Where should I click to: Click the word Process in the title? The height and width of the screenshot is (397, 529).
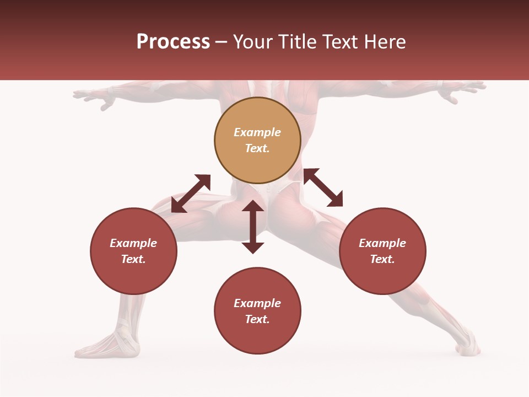(x=173, y=42)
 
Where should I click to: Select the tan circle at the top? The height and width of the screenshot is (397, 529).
(x=257, y=141)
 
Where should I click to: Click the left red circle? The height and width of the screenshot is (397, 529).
(x=133, y=251)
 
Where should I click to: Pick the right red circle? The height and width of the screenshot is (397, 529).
(x=382, y=251)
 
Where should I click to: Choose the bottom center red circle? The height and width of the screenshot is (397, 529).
(x=257, y=311)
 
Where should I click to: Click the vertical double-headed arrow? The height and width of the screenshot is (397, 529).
(x=253, y=227)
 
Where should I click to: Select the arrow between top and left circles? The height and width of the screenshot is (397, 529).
(x=191, y=193)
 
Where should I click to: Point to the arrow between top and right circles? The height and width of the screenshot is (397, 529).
(x=323, y=187)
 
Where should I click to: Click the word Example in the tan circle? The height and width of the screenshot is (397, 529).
(x=257, y=132)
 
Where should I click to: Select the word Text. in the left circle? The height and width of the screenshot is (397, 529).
(x=133, y=259)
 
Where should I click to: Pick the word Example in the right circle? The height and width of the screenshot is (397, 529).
(x=382, y=243)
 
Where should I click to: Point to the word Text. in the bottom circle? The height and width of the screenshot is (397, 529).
(x=257, y=319)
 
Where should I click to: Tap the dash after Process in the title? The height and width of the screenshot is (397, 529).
(x=221, y=42)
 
